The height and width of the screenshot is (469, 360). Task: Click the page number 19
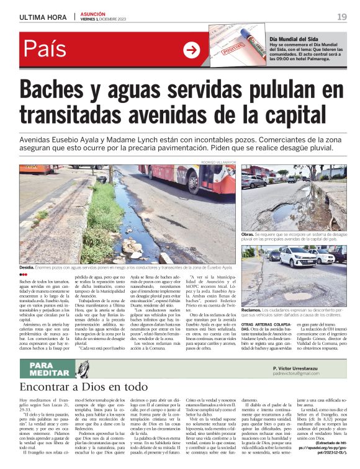(x=342, y=17)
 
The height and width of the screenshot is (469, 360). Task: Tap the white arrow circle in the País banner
(x=192, y=50)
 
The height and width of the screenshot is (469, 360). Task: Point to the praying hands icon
(x=83, y=368)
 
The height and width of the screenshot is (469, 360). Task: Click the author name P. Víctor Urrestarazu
(x=303, y=367)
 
